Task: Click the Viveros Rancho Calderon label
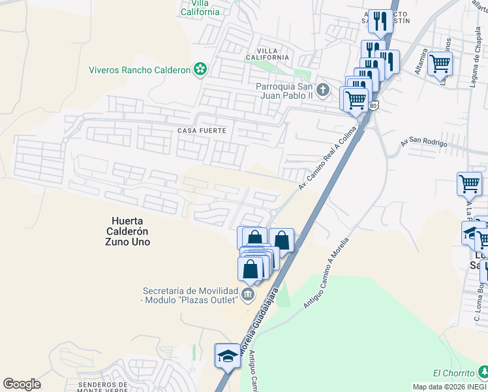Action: [x=139, y=70]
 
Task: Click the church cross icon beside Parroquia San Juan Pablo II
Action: [x=322, y=89]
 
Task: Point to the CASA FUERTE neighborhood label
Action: [x=202, y=131]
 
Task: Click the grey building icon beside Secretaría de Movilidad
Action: [x=247, y=295]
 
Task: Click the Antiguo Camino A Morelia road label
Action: [x=326, y=274]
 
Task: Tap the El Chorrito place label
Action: [x=454, y=373]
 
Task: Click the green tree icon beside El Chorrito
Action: [x=483, y=372]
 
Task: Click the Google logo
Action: [x=22, y=384]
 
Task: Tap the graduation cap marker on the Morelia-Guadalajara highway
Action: [x=227, y=357]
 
